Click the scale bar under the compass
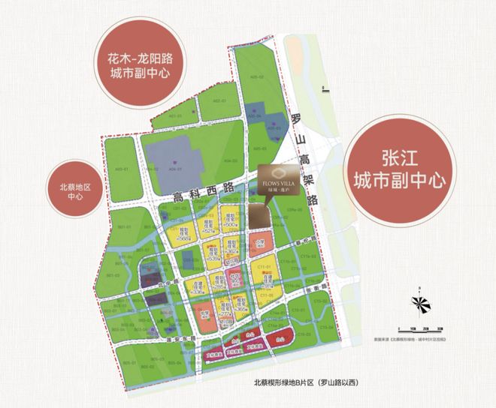point(422,328)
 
